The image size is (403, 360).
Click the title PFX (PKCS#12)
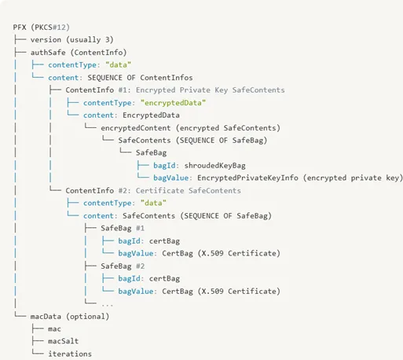tap(42, 28)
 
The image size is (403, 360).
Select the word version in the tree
tap(46, 40)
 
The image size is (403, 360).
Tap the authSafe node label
tap(48, 53)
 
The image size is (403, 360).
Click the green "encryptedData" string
tap(173, 103)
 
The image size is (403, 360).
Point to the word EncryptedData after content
tap(151, 116)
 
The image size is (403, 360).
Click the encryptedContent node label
tap(136, 128)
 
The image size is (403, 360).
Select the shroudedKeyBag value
tap(214, 166)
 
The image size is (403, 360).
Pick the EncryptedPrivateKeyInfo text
tap(247, 178)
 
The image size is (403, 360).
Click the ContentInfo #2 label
tap(98, 190)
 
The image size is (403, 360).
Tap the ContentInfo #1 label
tap(98, 90)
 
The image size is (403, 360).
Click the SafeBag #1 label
tap(123, 228)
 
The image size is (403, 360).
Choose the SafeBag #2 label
tap(123, 266)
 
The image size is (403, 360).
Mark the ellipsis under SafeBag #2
tap(107, 305)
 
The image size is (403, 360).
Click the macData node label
tap(46, 317)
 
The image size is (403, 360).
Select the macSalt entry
tap(63, 341)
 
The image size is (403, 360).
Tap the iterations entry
tap(70, 354)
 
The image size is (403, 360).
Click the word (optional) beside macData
tap(87, 317)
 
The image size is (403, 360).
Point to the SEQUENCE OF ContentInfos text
tap(140, 78)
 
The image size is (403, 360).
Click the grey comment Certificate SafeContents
tap(189, 190)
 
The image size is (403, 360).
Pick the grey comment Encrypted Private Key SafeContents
tap(211, 90)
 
